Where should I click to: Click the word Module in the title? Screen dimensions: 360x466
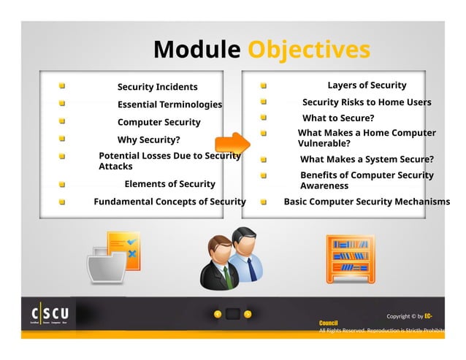pyautogui.click(x=196, y=50)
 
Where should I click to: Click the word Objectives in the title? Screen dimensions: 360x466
pyautogui.click(x=308, y=50)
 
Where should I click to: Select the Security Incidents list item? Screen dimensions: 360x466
pyautogui.click(x=157, y=87)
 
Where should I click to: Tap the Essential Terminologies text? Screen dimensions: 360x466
pyautogui.click(x=169, y=104)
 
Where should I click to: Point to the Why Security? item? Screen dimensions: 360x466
pyautogui.click(x=148, y=139)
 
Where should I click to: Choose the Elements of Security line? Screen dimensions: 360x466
pyautogui.click(x=169, y=184)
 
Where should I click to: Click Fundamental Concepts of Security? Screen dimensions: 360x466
pyautogui.click(x=169, y=202)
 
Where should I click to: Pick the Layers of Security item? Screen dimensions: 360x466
pyautogui.click(x=367, y=85)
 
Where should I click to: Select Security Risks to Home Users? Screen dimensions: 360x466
pyautogui.click(x=367, y=102)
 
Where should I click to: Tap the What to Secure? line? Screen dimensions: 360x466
pyautogui.click(x=338, y=118)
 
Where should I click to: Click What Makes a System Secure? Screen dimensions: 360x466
pyautogui.click(x=367, y=159)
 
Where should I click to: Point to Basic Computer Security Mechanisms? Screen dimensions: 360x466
pyautogui.click(x=367, y=202)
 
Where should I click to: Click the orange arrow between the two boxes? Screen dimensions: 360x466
pyautogui.click(x=232, y=142)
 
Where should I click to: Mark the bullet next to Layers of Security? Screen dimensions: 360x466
pyautogui.click(x=264, y=86)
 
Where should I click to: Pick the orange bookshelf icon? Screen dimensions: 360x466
pyautogui.click(x=350, y=257)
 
